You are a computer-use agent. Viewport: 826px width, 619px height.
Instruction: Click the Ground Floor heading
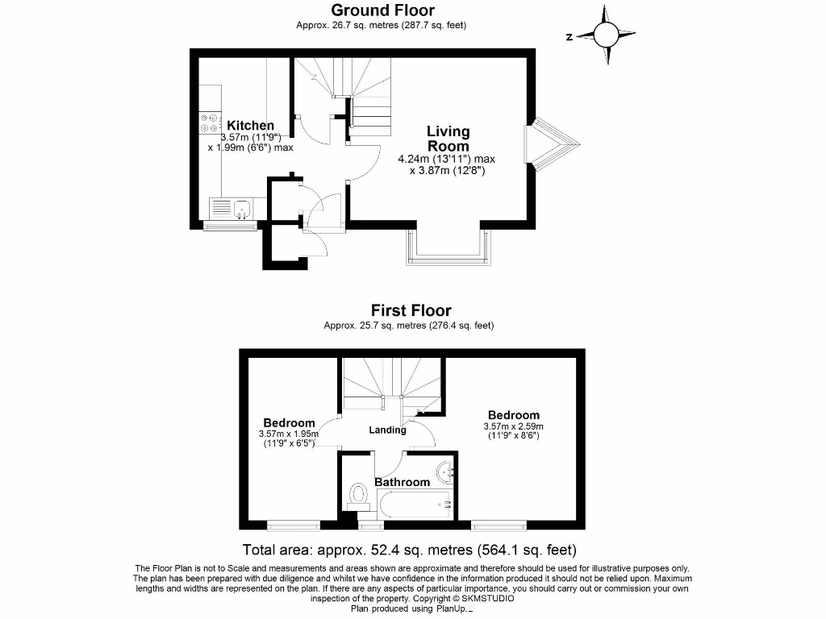point(382,10)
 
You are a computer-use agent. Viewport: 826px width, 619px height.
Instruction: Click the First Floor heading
point(411,310)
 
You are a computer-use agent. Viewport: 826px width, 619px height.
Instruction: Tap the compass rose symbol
point(606,35)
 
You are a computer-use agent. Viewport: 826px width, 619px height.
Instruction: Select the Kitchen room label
point(250,126)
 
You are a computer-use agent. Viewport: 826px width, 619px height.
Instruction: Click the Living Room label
point(448,139)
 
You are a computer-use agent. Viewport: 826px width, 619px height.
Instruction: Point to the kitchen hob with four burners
point(210,123)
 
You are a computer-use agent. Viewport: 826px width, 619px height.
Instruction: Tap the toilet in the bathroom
point(358,496)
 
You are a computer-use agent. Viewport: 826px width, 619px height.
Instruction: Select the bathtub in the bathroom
point(415,505)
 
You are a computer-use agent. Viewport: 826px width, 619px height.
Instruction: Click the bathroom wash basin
point(446,472)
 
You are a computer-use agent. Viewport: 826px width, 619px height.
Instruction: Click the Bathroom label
point(403,482)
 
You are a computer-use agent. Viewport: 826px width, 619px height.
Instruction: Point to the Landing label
point(387,430)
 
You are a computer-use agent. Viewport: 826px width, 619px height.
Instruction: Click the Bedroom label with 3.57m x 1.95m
point(289,423)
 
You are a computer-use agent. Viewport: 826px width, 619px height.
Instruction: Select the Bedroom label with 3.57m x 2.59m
point(514,416)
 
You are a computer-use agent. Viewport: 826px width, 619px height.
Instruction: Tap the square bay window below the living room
point(449,248)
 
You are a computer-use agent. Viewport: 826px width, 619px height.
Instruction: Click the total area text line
point(410,550)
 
